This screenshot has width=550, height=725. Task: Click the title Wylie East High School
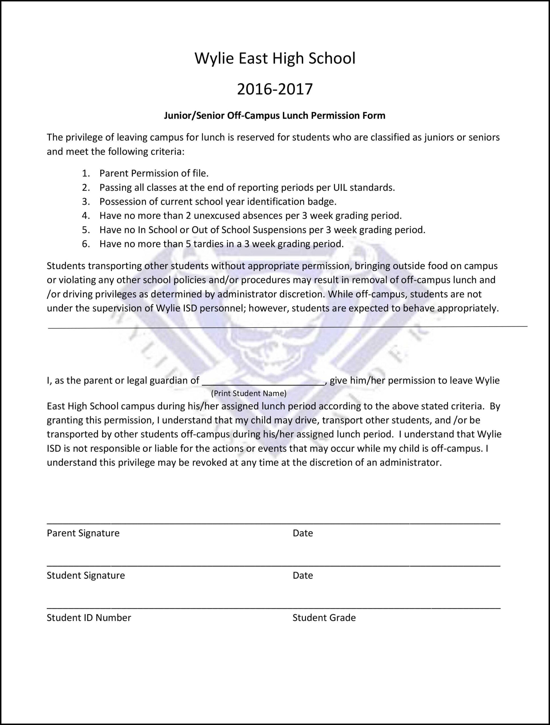275,58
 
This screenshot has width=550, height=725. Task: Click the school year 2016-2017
275,89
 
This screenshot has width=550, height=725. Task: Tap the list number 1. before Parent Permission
86,173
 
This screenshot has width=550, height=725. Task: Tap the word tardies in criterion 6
211,244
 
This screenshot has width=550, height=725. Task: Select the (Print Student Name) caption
249,393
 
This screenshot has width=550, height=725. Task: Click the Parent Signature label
83,533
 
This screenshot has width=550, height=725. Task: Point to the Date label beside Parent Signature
303,533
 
